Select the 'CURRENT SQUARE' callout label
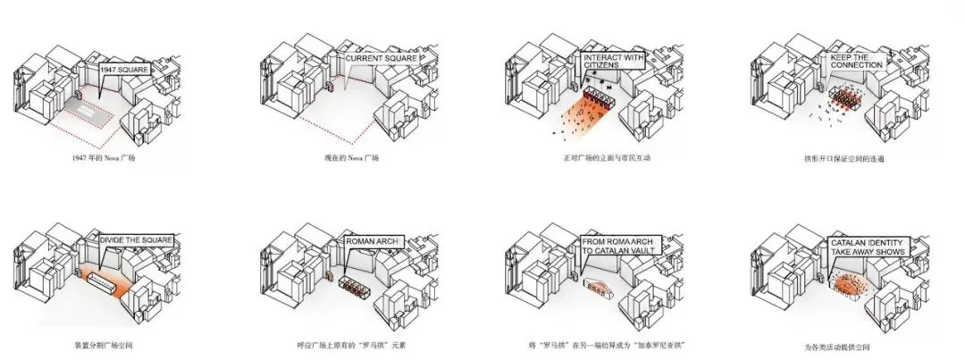point(382,60)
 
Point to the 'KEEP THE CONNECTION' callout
point(857,60)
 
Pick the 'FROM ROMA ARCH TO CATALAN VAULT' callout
point(620,245)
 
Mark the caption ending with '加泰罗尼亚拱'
point(599,344)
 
